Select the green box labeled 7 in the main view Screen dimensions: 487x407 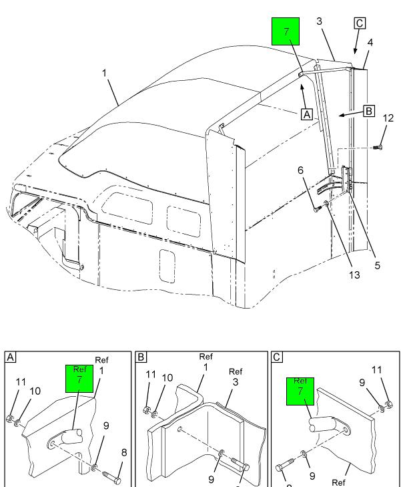(x=285, y=32)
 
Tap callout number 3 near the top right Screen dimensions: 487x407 (x=320, y=22)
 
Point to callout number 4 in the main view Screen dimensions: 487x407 (x=370, y=42)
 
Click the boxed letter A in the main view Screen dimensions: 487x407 (x=307, y=114)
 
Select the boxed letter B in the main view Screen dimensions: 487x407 (x=368, y=111)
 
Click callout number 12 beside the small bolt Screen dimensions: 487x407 (x=388, y=119)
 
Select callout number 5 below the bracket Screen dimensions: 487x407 (x=377, y=265)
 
